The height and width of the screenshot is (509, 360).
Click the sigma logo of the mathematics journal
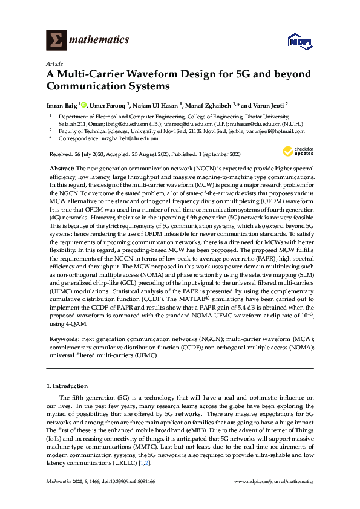tap(56, 41)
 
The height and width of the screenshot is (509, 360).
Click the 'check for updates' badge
tap(295, 151)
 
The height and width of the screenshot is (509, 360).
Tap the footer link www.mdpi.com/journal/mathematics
tap(273, 482)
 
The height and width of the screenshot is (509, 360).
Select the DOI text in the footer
tap(129, 482)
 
